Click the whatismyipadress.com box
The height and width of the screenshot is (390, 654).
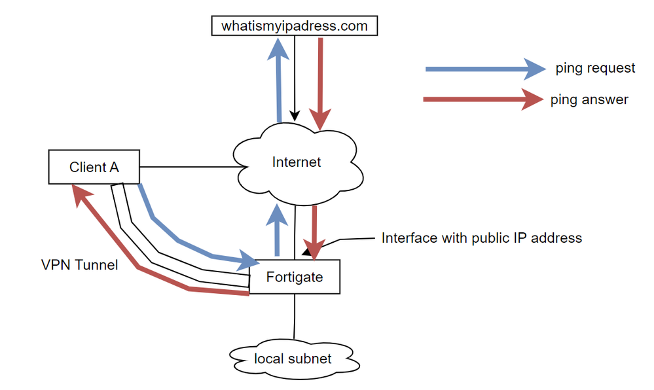point(295,26)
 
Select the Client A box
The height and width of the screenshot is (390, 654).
point(94,167)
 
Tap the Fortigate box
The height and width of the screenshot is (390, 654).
point(295,277)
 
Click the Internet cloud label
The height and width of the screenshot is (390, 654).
point(297,162)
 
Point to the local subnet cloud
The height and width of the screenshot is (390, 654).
point(293,359)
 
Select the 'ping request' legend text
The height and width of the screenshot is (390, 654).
point(595,68)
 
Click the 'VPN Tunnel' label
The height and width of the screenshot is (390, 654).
point(79,266)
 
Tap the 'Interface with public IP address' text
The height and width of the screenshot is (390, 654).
point(481,238)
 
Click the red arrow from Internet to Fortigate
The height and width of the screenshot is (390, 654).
point(315,232)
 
